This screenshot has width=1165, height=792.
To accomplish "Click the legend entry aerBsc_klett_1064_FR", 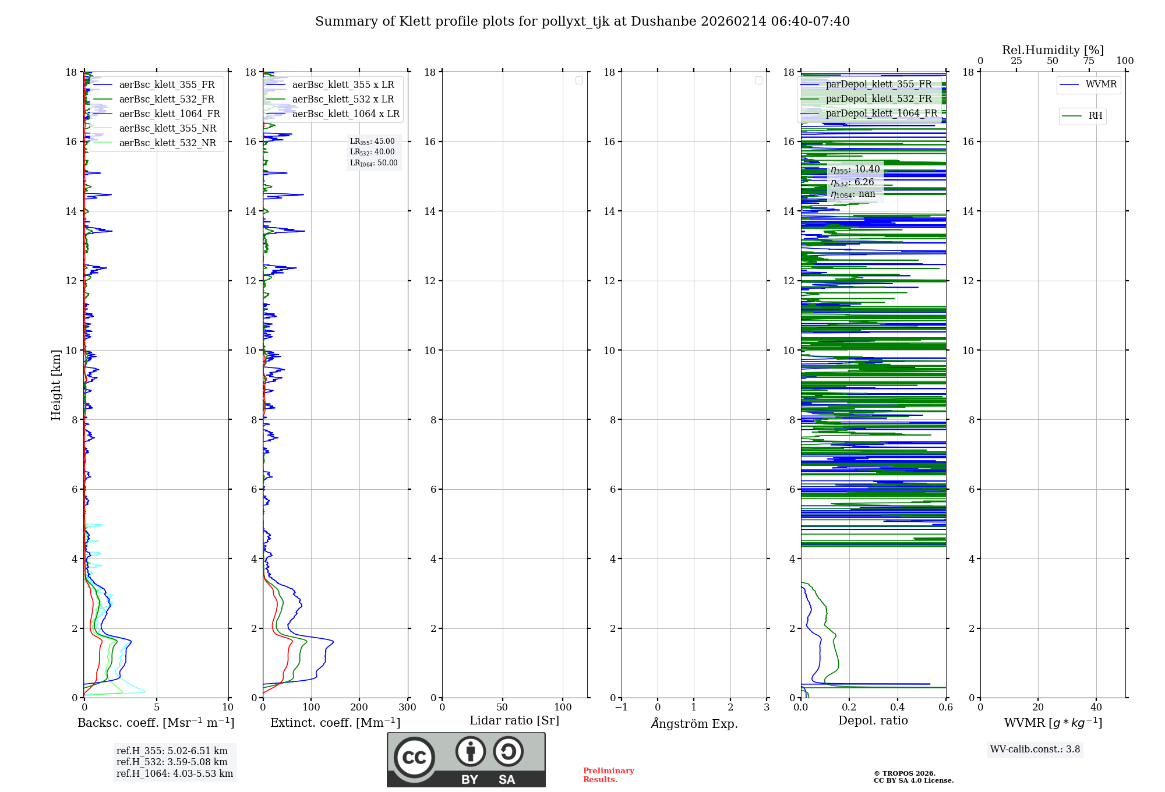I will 169,114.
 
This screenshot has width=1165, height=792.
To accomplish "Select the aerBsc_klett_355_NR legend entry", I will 167,129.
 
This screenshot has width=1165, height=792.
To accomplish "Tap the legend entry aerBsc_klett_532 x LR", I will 343,100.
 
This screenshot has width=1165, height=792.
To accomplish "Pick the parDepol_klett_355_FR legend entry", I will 878,84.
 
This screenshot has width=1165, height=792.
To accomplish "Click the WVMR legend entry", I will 1100,84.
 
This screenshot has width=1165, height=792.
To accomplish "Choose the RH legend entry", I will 1095,116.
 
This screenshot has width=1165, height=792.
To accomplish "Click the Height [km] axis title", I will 56,385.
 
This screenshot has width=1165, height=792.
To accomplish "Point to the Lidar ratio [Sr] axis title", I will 514,721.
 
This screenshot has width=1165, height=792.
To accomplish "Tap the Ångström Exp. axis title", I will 694,723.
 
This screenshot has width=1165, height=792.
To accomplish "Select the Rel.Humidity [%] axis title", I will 1053,50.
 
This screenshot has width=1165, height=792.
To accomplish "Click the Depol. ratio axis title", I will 873,721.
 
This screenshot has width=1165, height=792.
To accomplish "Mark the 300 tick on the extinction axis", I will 407,708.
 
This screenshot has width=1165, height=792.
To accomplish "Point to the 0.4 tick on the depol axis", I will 897,708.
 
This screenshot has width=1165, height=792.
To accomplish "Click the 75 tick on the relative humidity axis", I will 1088,61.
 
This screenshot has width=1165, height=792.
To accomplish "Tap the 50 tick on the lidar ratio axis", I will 502,708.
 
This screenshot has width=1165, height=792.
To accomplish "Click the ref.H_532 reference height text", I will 172,762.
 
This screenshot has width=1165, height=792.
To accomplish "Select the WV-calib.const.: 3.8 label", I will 1035,749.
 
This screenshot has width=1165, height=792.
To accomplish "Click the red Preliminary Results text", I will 608,775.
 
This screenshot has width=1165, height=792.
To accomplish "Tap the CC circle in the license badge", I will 414,758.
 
